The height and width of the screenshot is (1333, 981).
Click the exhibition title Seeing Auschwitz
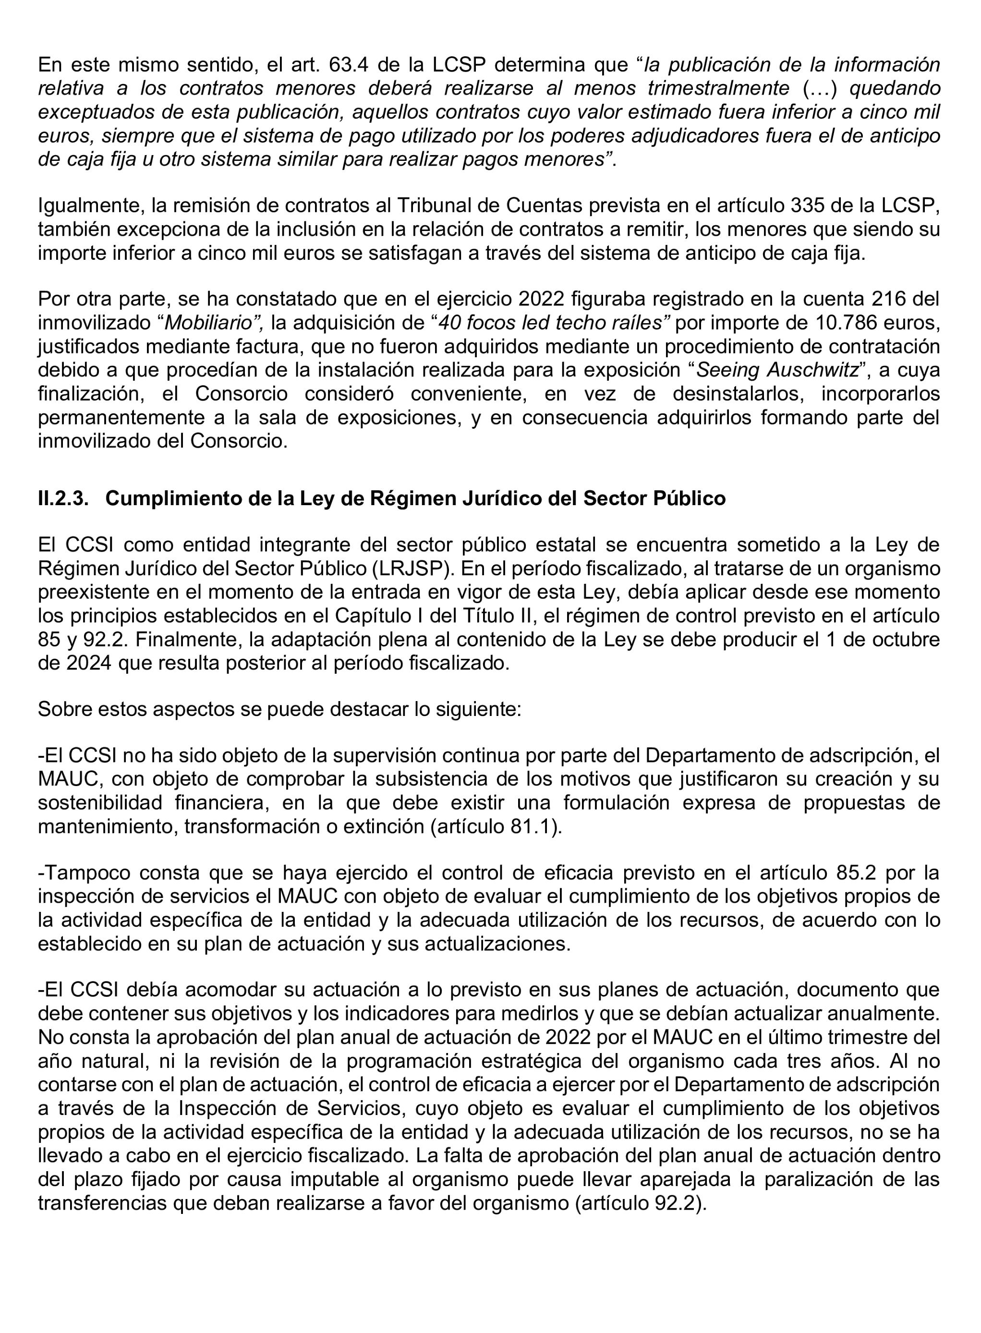click(x=778, y=371)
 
